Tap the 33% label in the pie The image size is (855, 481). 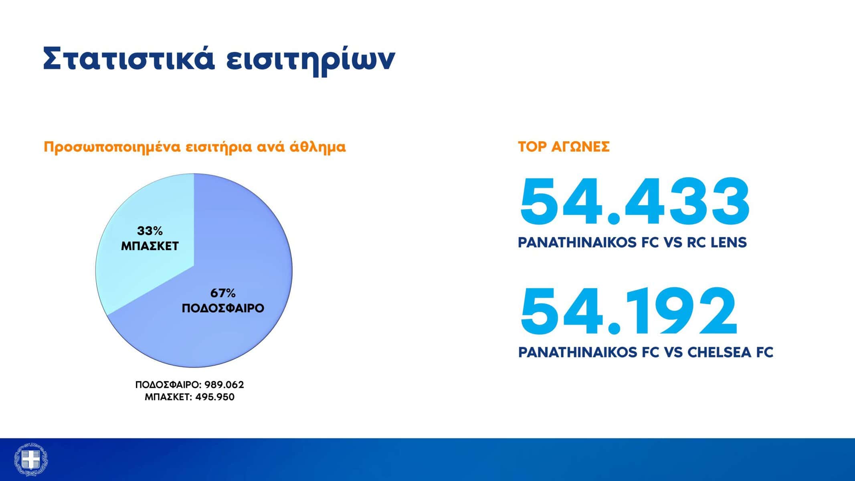150,231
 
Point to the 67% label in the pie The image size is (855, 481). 223,293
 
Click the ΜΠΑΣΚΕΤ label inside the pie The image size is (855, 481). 150,246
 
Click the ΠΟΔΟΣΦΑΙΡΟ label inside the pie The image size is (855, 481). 223,308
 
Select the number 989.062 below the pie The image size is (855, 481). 224,385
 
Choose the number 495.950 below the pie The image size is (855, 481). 214,397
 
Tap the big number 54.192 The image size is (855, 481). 628,311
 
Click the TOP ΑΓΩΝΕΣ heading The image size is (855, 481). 564,147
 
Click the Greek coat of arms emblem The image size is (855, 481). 31,459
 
